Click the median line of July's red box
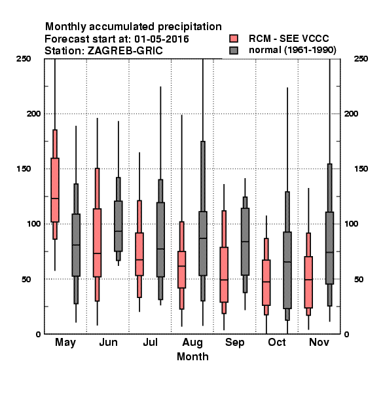pos(139,259)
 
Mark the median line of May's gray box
pos(76,245)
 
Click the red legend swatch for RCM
pos(234,39)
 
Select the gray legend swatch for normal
pos(234,50)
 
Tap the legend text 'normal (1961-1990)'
pos(293,50)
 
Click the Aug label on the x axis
pos(192,343)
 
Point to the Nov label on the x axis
pos(319,342)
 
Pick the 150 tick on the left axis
pos(24,169)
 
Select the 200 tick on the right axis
pos(351,113)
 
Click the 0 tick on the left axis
pos(38,334)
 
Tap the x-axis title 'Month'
pos(192,356)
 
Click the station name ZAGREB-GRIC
pos(125,50)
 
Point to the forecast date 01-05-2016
pos(162,39)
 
